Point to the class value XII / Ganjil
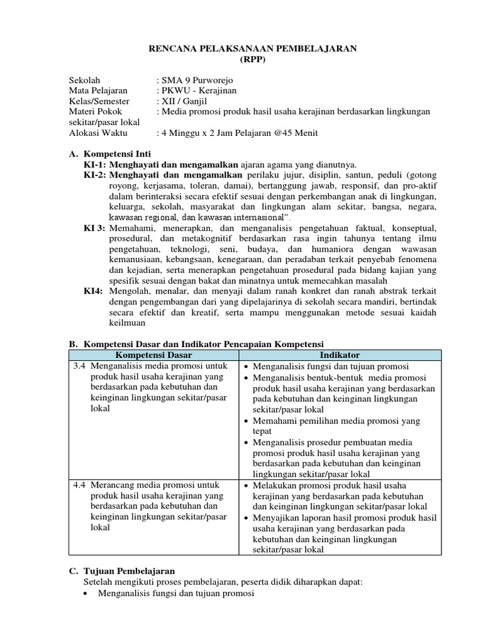point(183,101)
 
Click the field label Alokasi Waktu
point(97,133)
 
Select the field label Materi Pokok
point(95,111)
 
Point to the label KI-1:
point(95,164)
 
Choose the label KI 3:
point(95,228)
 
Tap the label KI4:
point(93,291)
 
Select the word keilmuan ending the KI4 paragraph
point(127,323)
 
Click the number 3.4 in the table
point(79,366)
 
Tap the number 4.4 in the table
point(79,486)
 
